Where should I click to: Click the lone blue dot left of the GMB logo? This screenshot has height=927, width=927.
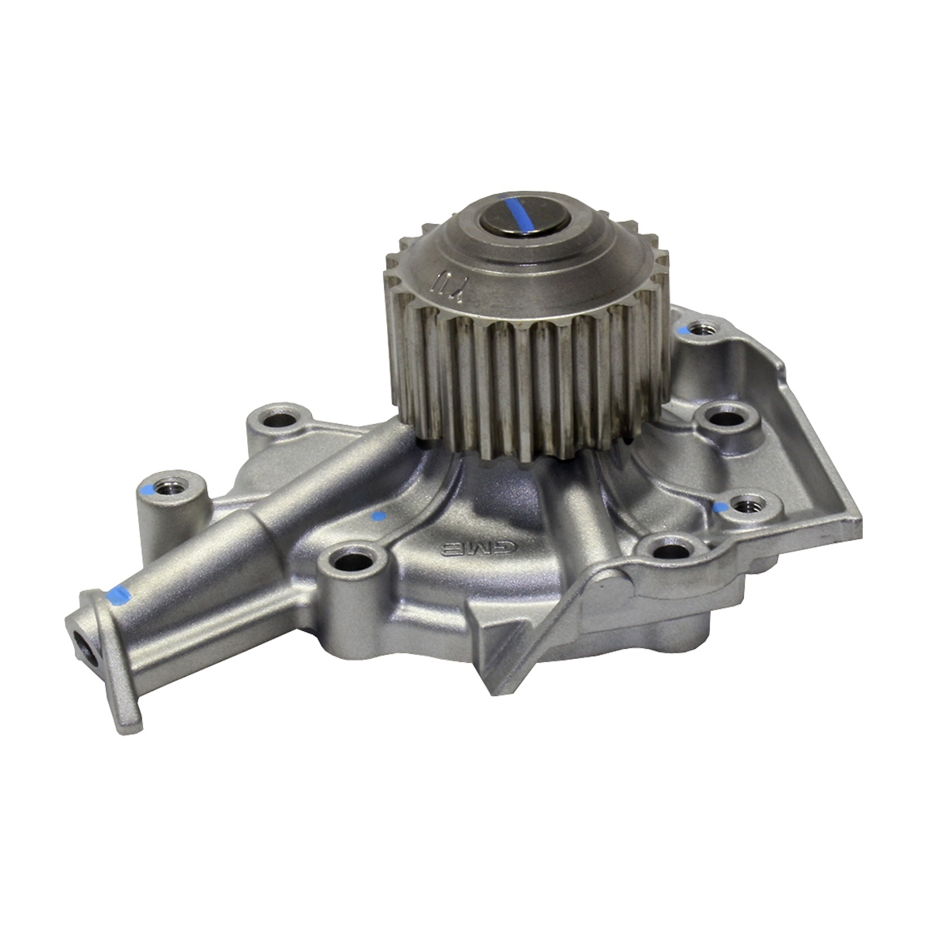pos(378,516)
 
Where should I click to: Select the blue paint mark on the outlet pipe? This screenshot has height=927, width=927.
pos(117,594)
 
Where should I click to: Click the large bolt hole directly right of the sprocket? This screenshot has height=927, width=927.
pos(725,420)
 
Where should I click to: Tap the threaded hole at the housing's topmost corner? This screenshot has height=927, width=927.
pos(701,331)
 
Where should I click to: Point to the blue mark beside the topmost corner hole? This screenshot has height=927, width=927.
pos(683,330)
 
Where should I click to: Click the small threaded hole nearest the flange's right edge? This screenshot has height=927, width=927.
pos(745,506)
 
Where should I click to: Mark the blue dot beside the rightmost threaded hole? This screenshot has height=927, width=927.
pos(723,508)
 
